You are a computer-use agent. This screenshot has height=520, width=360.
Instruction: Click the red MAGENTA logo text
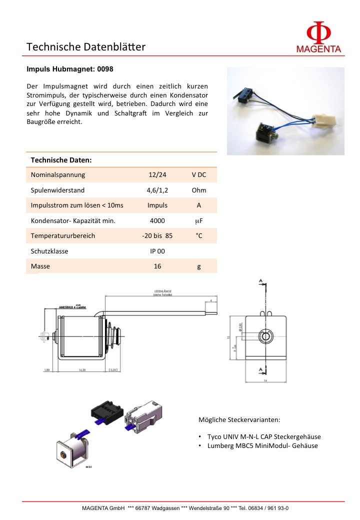click(318, 49)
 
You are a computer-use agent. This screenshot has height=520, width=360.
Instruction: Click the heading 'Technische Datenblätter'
click(85, 47)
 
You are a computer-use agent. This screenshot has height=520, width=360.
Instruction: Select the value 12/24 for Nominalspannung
click(157, 175)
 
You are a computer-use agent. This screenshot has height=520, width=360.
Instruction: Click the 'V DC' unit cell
click(198, 175)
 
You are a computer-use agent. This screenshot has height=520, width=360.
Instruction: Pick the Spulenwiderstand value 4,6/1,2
click(157, 190)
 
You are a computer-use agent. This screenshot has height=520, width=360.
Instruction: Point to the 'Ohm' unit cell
click(198, 190)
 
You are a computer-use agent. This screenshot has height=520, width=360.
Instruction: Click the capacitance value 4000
click(157, 220)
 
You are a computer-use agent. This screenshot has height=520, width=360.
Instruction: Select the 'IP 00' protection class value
click(157, 251)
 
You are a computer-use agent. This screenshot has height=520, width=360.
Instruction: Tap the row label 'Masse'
click(40, 266)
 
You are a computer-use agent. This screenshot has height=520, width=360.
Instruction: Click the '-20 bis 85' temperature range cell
click(157, 235)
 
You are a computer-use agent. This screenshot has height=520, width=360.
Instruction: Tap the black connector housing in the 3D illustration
click(105, 411)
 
